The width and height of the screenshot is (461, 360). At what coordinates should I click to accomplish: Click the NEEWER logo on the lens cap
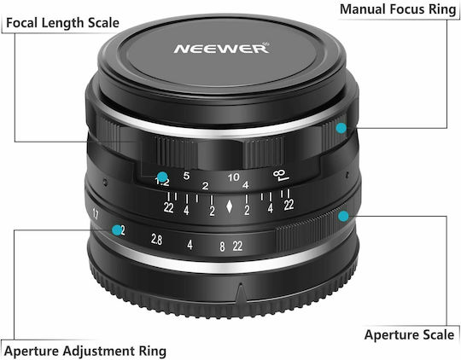point(221,48)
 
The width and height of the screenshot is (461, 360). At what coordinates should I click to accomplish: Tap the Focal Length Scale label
point(62,23)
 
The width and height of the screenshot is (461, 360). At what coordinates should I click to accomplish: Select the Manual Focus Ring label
point(398,9)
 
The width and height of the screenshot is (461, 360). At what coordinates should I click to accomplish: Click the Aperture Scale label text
point(409,334)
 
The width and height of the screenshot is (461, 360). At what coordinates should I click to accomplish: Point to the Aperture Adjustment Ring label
point(85,351)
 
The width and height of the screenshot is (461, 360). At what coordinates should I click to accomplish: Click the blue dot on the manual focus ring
point(341,128)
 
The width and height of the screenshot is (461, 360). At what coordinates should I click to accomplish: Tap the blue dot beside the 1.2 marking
point(162,177)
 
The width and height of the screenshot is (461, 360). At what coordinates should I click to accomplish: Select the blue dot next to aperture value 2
point(117,229)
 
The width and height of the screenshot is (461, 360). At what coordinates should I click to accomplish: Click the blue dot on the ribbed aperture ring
point(343,217)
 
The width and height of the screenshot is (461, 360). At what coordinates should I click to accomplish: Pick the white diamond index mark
point(230,206)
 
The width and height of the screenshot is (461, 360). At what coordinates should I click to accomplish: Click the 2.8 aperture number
point(156,239)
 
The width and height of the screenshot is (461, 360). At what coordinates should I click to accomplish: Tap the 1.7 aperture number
point(96,214)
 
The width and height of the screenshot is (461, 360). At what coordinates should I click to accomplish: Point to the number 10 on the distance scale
point(233,177)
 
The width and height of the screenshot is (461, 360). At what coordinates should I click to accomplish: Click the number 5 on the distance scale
point(186,176)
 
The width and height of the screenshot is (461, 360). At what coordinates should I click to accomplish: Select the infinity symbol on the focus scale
point(281,175)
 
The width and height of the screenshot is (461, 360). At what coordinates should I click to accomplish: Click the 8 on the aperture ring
point(222,247)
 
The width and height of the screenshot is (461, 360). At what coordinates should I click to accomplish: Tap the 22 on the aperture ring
point(237,246)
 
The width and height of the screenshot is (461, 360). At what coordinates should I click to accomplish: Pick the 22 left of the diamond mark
point(168,208)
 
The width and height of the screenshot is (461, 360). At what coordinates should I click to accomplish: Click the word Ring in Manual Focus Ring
point(442,9)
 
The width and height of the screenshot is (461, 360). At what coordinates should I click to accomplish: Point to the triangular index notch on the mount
point(241,293)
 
